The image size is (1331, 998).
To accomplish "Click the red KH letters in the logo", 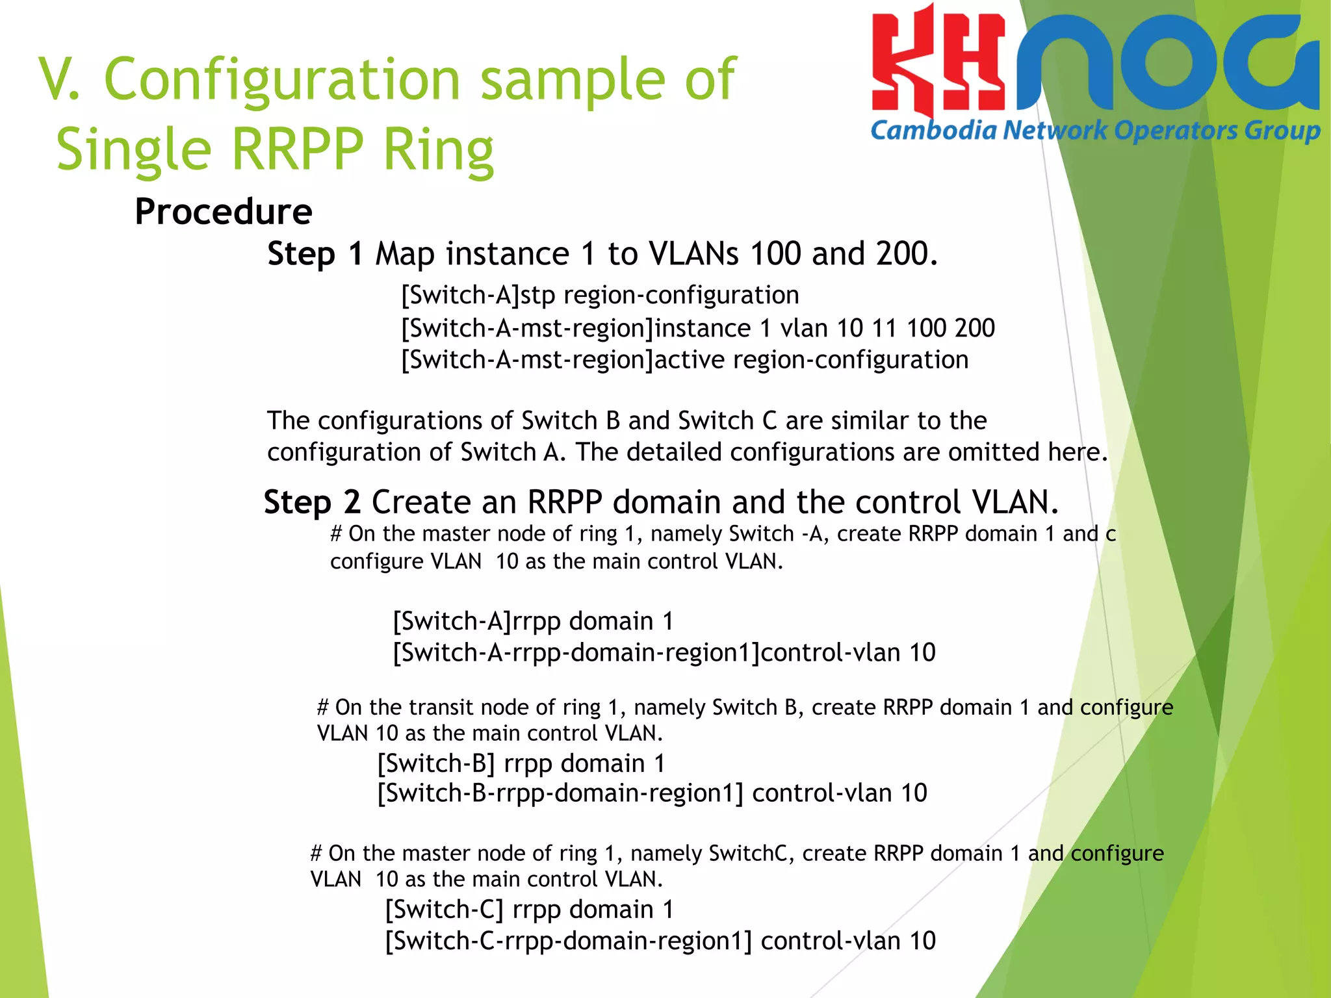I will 938,65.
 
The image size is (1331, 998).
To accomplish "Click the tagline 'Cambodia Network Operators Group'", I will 1095,131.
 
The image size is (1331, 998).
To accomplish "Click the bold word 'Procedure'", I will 224,212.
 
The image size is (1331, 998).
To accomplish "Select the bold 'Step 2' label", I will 312,502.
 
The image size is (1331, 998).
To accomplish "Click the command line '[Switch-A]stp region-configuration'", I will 600,296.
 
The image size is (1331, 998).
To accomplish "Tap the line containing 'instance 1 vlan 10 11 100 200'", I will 698,328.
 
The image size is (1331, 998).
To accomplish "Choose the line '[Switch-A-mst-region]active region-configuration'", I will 685,360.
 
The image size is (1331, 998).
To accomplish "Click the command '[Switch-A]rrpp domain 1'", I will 533,621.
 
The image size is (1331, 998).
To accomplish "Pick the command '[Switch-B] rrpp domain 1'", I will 521,763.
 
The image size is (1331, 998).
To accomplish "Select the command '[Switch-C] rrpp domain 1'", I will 529,910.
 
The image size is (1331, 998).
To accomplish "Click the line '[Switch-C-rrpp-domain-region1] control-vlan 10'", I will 660,941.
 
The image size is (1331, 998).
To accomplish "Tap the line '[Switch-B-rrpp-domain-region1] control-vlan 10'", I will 653,793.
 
